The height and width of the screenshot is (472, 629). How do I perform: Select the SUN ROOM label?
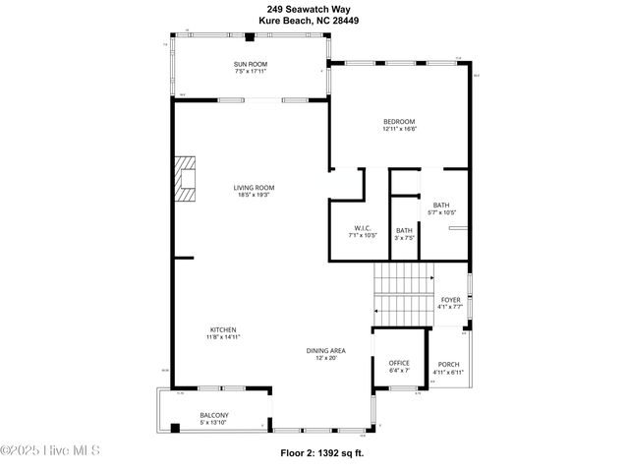(251, 64)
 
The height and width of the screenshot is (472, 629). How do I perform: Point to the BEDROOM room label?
(399, 121)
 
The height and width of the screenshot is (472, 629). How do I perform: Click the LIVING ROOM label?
(254, 187)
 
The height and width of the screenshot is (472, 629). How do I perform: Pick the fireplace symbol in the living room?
(185, 178)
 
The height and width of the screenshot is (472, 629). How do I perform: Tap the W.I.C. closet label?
(362, 227)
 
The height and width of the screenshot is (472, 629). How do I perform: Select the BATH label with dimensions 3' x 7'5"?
(405, 230)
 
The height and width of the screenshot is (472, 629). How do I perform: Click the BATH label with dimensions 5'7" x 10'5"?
(441, 205)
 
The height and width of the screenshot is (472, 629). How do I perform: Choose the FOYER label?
(450, 299)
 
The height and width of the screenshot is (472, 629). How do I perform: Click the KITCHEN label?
(223, 329)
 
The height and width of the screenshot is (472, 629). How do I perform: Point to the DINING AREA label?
(324, 350)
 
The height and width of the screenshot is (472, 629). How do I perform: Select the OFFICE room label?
(398, 363)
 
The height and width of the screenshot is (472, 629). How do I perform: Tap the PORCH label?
(447, 365)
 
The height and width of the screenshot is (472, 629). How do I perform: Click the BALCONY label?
(214, 415)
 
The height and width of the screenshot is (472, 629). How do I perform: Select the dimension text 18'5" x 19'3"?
(254, 195)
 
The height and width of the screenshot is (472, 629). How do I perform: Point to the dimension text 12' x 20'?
(324, 358)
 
